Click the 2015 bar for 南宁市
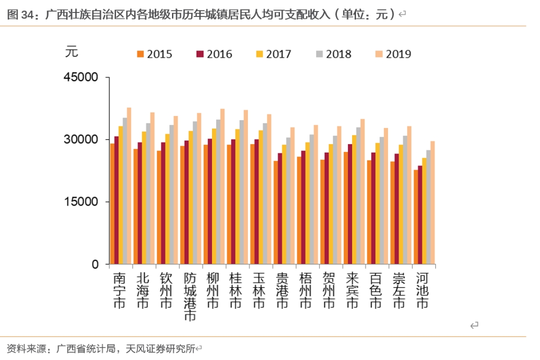(x=112, y=204)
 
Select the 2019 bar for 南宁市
(x=129, y=186)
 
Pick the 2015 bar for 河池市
(x=416, y=217)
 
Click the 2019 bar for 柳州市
(x=222, y=186)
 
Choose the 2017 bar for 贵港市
(x=284, y=204)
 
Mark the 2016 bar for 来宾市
(x=350, y=204)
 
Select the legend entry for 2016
(x=214, y=54)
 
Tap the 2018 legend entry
(x=333, y=54)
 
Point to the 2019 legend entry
(x=393, y=54)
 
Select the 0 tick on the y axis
(x=95, y=264)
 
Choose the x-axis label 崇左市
(x=398, y=290)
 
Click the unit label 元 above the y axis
(x=71, y=51)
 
